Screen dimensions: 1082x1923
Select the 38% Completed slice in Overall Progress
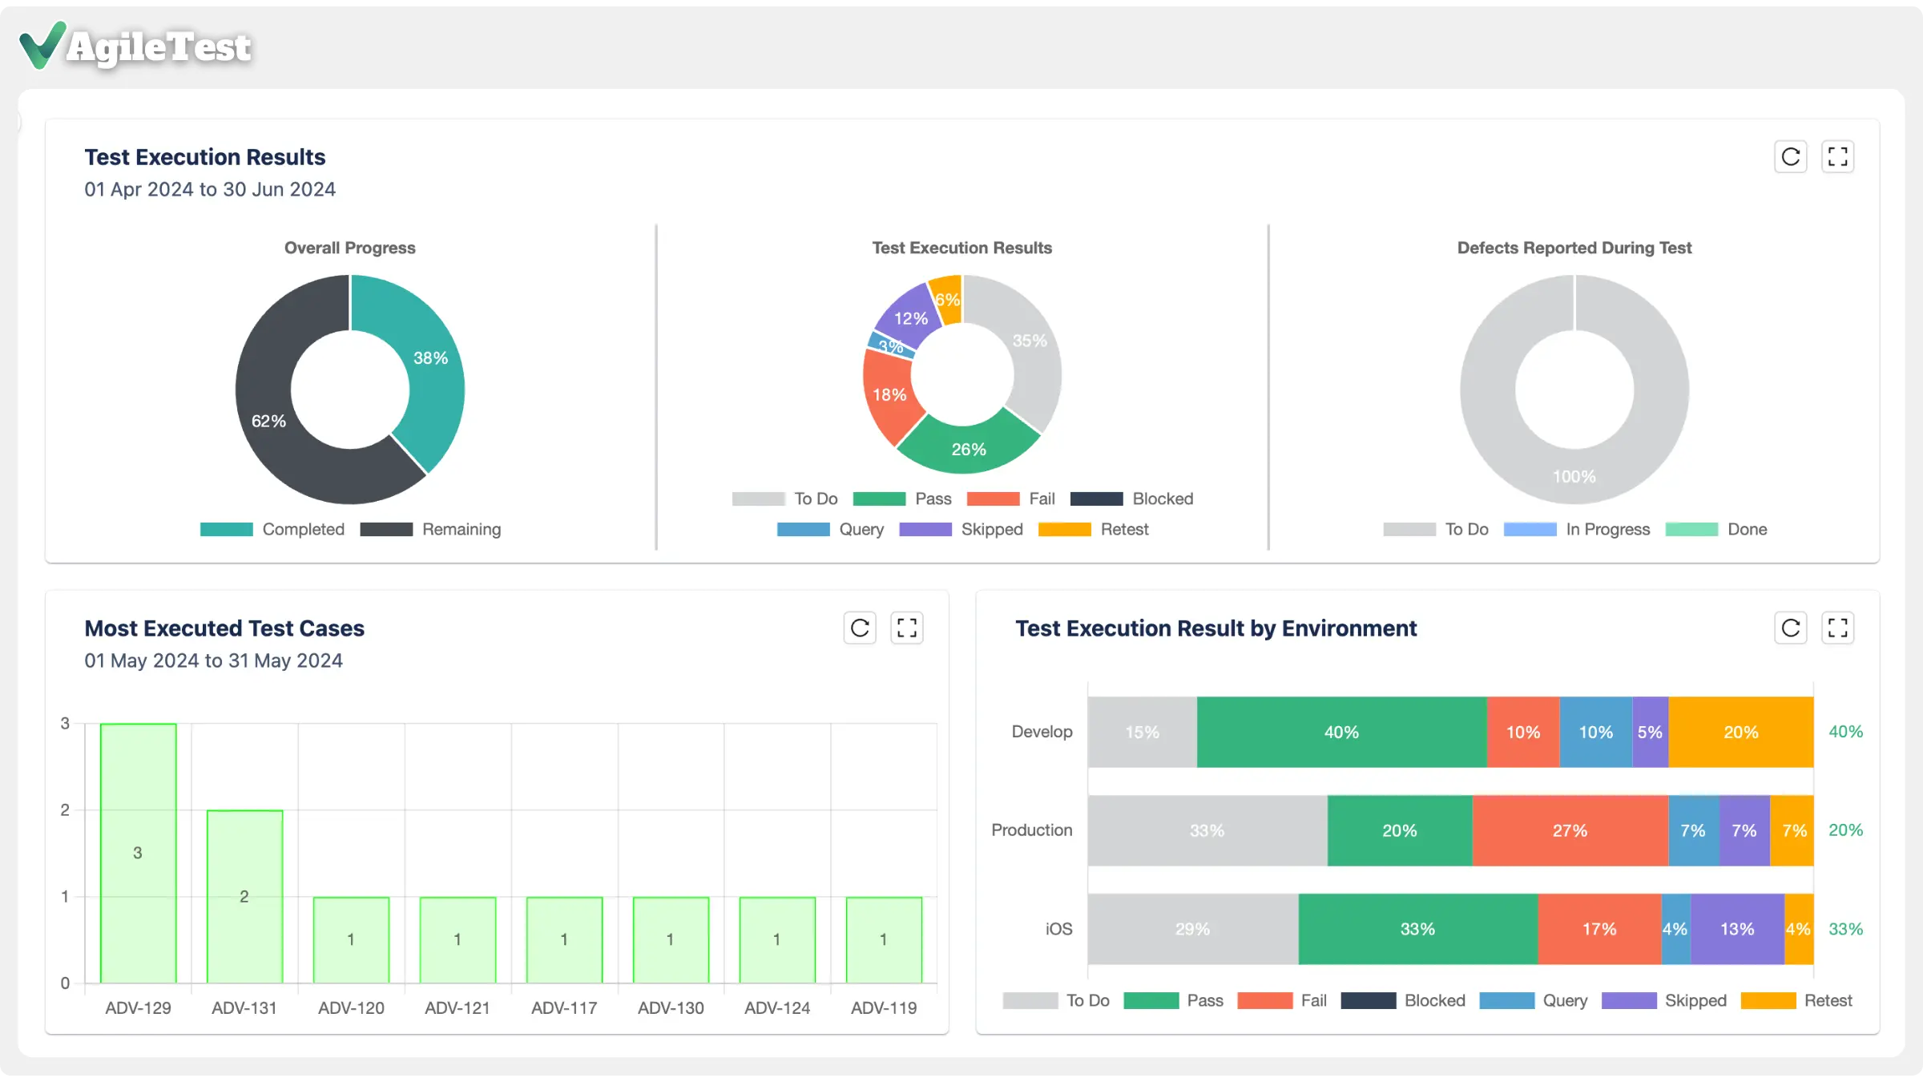pyautogui.click(x=429, y=358)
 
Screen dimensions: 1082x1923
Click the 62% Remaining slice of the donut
pyautogui.click(x=269, y=421)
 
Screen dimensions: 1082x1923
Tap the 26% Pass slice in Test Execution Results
pyautogui.click(x=968, y=450)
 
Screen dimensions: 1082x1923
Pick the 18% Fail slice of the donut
pyautogui.click(x=889, y=395)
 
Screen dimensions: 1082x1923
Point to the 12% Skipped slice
pyautogui.click(x=910, y=318)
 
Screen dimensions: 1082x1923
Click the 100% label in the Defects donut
pyautogui.click(x=1574, y=477)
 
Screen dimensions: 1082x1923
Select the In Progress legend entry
pyautogui.click(x=1577, y=530)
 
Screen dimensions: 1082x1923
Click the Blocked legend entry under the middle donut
pyautogui.click(x=1131, y=499)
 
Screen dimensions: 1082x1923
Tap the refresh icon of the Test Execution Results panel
pyautogui.click(x=1790, y=157)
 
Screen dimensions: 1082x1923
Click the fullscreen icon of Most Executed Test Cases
pyautogui.click(x=906, y=628)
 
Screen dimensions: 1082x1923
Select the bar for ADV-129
pyautogui.click(x=138, y=853)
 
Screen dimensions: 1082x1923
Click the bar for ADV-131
pyautogui.click(x=244, y=896)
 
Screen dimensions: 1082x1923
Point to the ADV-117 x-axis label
pyautogui.click(x=564, y=1008)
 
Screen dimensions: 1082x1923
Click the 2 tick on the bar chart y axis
pyautogui.click(x=65, y=810)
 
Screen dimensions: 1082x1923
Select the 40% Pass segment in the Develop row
pyautogui.click(x=1341, y=733)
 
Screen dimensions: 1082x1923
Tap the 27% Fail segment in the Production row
pyautogui.click(x=1569, y=831)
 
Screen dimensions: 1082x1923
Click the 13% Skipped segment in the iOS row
pyautogui.click(x=1737, y=930)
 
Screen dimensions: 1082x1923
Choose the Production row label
pyautogui.click(x=1031, y=830)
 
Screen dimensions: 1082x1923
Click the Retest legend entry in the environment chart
pyautogui.click(x=1797, y=1001)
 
